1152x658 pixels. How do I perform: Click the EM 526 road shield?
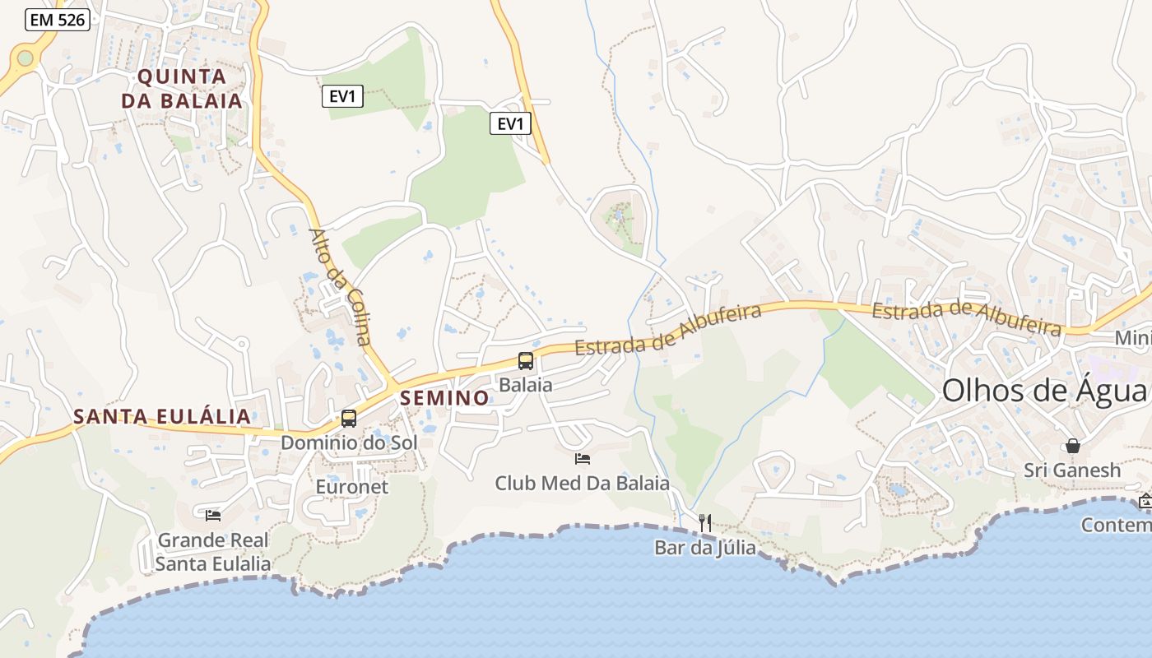pos(57,20)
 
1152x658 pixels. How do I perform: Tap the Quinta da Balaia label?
pos(182,89)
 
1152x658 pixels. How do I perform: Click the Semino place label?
pos(444,398)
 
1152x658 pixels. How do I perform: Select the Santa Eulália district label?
pos(162,416)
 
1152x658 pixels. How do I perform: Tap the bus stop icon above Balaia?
pos(525,360)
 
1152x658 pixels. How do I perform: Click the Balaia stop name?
pos(526,384)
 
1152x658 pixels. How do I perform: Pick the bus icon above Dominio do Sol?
pos(349,419)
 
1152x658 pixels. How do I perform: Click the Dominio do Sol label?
pos(349,443)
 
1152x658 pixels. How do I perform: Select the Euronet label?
pos(352,486)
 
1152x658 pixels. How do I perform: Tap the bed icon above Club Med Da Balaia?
pos(583,458)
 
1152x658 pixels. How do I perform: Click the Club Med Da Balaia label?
pos(583,483)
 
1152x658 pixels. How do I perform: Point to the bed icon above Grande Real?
pos(213,515)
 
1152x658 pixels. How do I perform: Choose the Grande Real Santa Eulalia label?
pos(213,552)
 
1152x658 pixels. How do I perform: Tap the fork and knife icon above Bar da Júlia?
pos(704,522)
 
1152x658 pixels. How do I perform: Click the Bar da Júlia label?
pos(704,547)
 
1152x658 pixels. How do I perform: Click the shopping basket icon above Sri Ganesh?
pos(1073,446)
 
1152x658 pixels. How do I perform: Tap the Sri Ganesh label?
pos(1072,470)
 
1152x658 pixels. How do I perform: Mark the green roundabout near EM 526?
pos(25,58)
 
